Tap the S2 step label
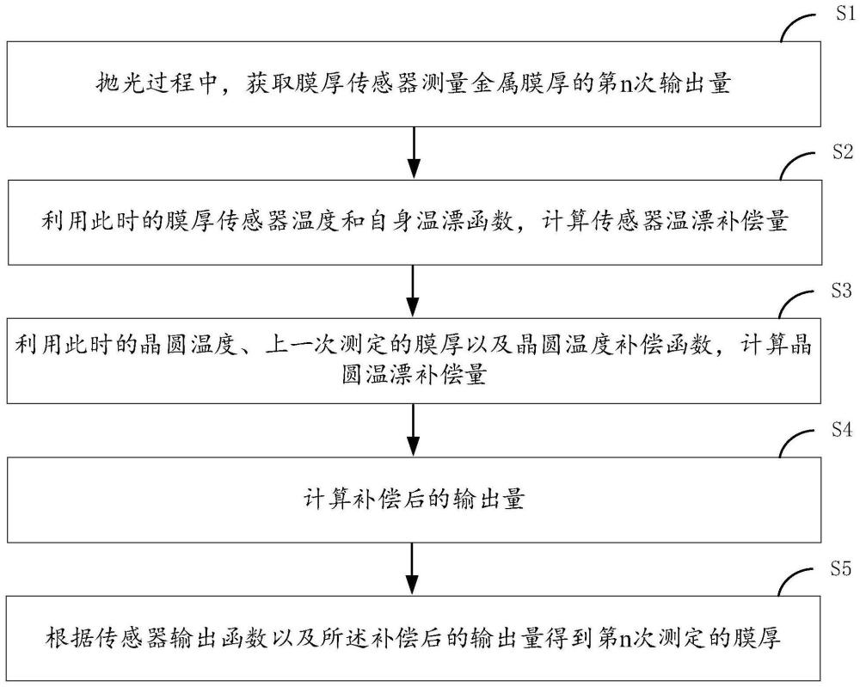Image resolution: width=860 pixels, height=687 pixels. [844, 152]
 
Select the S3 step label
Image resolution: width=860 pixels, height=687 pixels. [841, 290]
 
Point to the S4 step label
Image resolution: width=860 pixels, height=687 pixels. [842, 429]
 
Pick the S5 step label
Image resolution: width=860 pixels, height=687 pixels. [840, 569]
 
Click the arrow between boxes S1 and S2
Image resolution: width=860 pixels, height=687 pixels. [415, 153]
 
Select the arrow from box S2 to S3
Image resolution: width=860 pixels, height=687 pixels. [413, 291]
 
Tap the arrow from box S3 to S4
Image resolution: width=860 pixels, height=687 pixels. [413, 430]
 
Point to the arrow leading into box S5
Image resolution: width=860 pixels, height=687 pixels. [413, 568]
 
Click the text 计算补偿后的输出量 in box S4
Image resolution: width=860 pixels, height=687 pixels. [415, 500]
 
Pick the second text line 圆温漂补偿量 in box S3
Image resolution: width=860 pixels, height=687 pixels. [415, 376]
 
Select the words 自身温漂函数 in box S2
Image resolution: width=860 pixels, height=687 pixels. [442, 222]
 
